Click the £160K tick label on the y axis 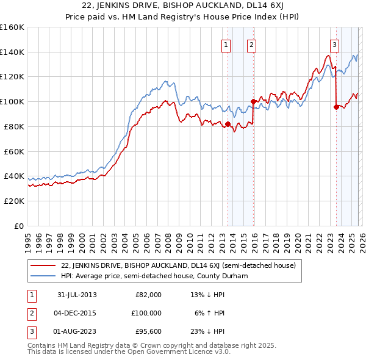coord(12,27)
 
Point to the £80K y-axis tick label coord(14,126)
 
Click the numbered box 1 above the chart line coord(226,44)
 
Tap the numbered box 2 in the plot coord(251,44)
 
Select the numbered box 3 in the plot coord(335,44)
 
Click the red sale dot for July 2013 coord(228,124)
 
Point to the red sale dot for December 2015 coord(253,101)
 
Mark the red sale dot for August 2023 coord(336,107)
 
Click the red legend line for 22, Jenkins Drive coord(44,265)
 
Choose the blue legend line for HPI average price coord(44,276)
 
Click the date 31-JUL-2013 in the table coord(77,295)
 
